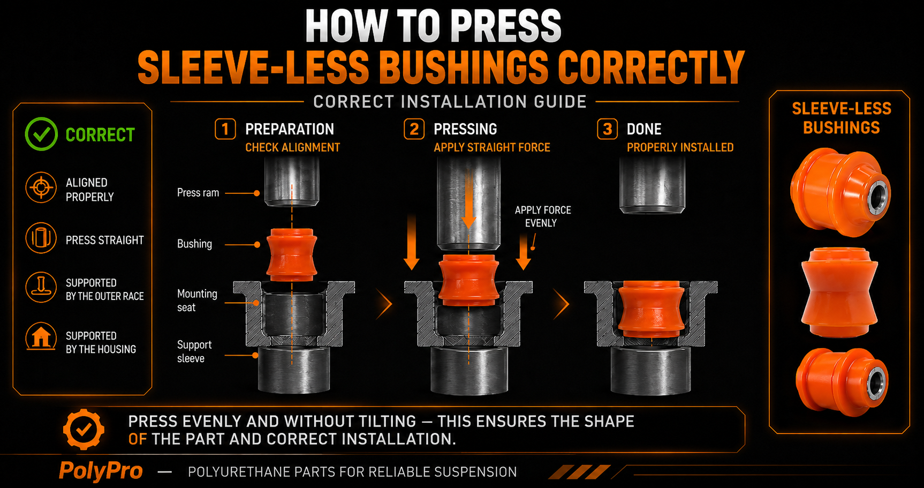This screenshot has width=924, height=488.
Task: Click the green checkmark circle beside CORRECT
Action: [41, 134]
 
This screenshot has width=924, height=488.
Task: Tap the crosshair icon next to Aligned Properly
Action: [41, 188]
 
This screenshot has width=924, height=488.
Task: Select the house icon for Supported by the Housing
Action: [41, 337]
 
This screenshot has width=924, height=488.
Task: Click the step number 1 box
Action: [225, 129]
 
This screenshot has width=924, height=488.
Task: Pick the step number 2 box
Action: [414, 129]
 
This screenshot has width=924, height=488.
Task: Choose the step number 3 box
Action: [607, 129]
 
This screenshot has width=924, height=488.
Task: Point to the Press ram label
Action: [198, 193]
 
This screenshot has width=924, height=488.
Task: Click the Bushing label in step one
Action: [194, 244]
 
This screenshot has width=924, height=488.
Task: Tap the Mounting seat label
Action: [197, 301]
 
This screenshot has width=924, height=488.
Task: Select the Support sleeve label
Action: [194, 351]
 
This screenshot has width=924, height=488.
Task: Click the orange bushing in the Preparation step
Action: [292, 255]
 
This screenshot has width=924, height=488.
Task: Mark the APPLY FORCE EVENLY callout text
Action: [542, 216]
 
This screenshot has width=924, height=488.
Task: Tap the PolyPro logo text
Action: [101, 471]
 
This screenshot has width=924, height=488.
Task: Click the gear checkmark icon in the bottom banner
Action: [84, 429]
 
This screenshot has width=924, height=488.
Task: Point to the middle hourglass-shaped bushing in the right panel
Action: [839, 292]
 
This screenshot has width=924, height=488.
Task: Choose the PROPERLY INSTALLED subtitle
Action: [680, 147]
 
